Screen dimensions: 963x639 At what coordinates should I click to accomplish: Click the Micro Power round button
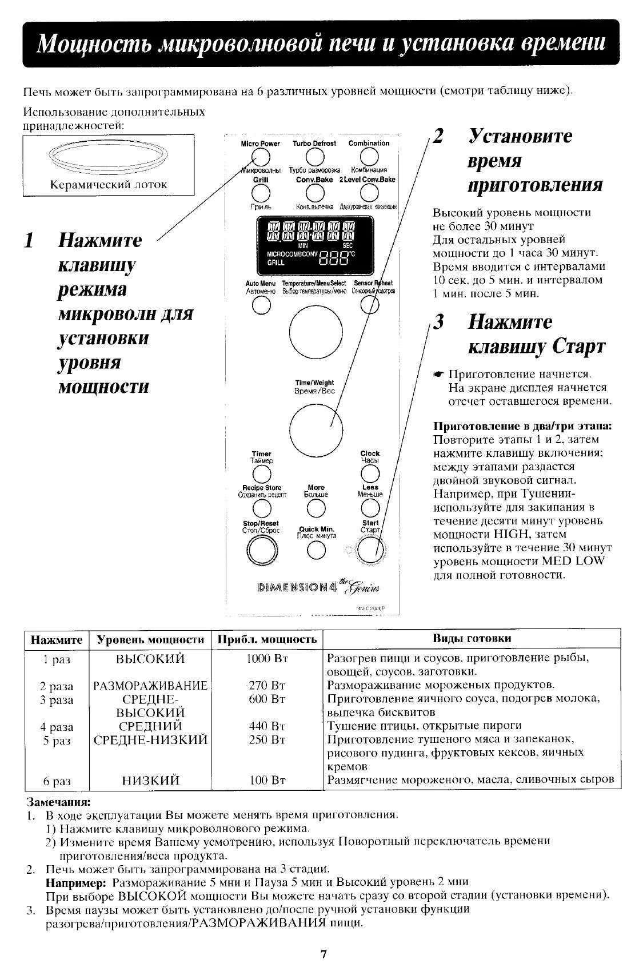[261, 156]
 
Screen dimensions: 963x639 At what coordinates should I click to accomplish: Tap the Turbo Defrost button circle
[315, 156]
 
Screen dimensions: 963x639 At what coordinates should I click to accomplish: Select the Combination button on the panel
[369, 156]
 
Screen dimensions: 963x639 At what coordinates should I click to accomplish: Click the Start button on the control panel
[370, 550]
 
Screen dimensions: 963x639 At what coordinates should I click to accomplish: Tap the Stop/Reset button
[261, 550]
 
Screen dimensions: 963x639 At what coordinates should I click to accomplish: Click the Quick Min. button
[316, 550]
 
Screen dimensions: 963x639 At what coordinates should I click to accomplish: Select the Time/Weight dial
[315, 429]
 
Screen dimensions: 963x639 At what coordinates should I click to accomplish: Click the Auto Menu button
[261, 306]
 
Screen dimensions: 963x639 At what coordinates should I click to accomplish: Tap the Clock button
[370, 473]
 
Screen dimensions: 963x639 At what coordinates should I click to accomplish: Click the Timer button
[261, 473]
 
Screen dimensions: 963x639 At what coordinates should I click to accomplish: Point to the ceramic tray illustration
[109, 156]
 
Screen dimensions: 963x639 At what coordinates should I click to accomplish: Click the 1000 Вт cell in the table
[266, 658]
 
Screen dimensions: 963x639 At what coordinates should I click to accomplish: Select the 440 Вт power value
[266, 726]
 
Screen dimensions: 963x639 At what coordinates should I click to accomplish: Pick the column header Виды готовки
[472, 638]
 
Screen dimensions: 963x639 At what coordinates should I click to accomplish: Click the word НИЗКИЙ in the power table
[150, 780]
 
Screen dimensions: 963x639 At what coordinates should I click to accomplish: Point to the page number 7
[323, 953]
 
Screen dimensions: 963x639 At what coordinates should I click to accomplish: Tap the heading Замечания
[59, 802]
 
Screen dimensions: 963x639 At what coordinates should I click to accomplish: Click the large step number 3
[438, 322]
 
